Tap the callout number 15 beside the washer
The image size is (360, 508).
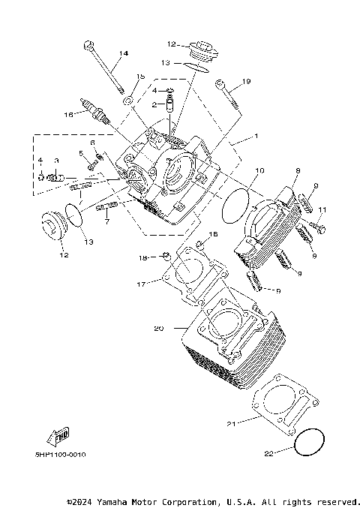tap(139, 77)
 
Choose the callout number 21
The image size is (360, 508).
tap(232, 424)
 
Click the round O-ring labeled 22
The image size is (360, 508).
tap(310, 443)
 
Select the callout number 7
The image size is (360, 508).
tap(107, 222)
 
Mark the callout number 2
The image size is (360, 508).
tap(153, 105)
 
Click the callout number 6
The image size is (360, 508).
tap(92, 142)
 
